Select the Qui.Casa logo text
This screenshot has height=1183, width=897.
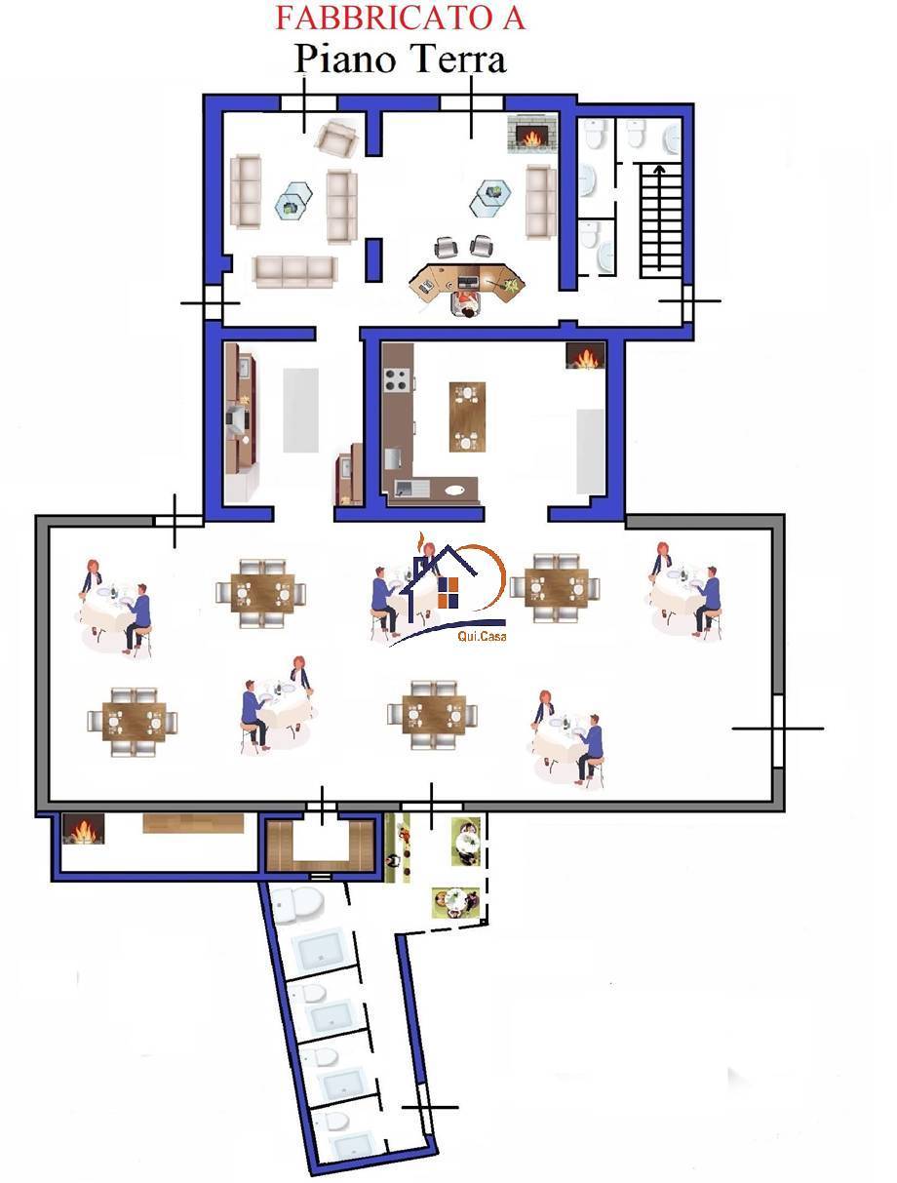click(481, 636)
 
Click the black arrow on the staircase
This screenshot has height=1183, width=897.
click(658, 217)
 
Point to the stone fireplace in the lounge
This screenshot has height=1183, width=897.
click(530, 134)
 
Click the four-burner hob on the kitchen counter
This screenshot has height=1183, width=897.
click(398, 379)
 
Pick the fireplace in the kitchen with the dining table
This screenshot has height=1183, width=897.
click(585, 356)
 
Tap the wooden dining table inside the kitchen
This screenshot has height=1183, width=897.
click(467, 416)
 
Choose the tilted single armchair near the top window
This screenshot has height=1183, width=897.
click(336, 138)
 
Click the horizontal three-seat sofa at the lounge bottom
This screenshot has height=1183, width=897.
click(294, 271)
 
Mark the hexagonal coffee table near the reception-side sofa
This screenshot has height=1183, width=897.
click(489, 197)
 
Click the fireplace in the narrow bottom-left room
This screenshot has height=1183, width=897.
click(84, 829)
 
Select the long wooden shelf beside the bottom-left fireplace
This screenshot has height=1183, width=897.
click(193, 823)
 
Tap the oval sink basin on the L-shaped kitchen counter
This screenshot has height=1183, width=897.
click(454, 490)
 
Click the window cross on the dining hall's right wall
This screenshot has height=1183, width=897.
click(777, 729)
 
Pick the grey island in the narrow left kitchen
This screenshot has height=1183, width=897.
click(300, 411)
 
